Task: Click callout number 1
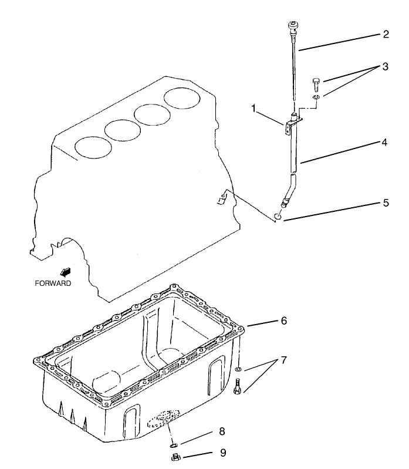pos(253,108)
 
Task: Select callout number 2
pos(385,34)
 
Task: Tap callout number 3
pos(385,66)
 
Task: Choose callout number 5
pos(385,203)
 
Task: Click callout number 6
pos(283,321)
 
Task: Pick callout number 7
pos(284,359)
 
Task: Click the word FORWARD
pos(53,283)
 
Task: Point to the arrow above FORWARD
pos(65,271)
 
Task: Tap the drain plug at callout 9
pos(174,457)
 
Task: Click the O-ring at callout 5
pos(278,218)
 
